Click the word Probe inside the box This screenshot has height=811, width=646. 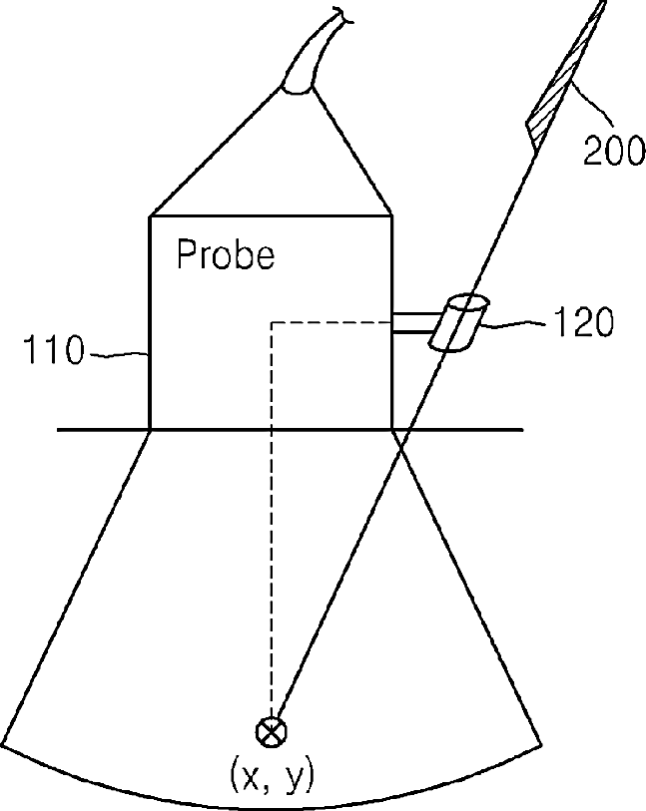pyautogui.click(x=225, y=255)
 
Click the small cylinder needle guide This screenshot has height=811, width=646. pyautogui.click(x=457, y=322)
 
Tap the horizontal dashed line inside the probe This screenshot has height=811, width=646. pyautogui.click(x=329, y=321)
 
